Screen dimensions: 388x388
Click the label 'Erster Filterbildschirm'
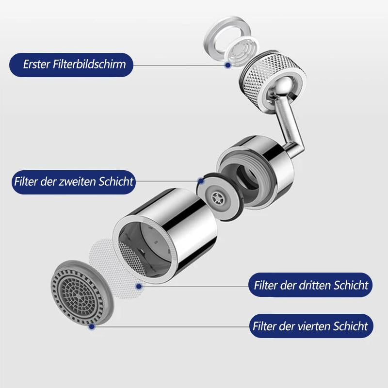click(71, 65)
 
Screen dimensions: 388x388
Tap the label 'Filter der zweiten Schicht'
click(73, 182)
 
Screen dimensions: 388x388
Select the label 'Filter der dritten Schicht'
click(311, 285)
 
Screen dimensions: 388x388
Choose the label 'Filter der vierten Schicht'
click(310, 326)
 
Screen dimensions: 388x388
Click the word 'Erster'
click(38, 65)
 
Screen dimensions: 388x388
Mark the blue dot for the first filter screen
click(227, 65)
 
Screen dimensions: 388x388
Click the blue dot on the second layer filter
click(200, 181)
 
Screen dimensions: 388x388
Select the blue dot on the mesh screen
click(139, 286)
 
